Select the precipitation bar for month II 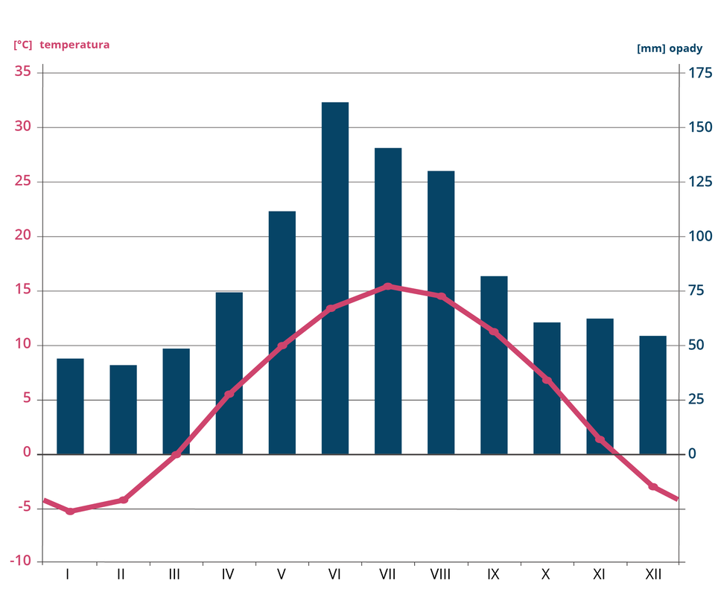pos(123,410)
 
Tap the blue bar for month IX pos(494,365)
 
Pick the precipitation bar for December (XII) pos(652,395)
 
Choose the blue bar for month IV pos(229,373)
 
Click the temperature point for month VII pos(388,286)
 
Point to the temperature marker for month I pos(70,512)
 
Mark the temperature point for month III pos(177,454)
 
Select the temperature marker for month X pos(547,381)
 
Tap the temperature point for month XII pos(652,486)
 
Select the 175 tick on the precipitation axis pos(700,73)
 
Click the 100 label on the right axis pos(700,236)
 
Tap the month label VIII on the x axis pos(440,574)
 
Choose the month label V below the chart pos(281,574)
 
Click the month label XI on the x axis pos(599,574)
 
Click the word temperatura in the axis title pos(74,45)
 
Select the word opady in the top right pos(685,48)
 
